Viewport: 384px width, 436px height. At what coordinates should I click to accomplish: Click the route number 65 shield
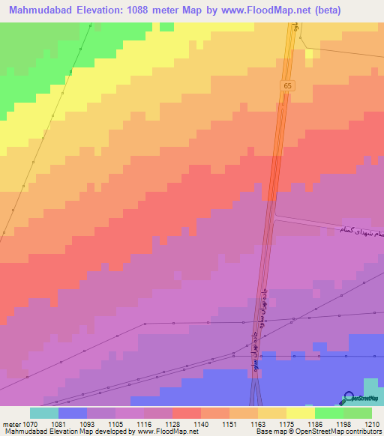(287, 86)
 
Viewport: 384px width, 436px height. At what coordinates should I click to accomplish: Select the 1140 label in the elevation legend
(199, 423)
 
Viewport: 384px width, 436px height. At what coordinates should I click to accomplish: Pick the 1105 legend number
(115, 423)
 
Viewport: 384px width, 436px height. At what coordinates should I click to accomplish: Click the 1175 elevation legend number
(286, 423)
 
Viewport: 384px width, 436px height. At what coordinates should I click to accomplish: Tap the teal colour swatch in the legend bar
(44, 413)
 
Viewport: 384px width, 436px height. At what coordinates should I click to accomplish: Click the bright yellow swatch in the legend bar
(300, 413)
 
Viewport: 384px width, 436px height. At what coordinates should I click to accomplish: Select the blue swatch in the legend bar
(73, 413)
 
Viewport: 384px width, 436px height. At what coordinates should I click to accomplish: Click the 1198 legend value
(343, 423)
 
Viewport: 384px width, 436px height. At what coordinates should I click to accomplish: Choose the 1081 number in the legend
(58, 423)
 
